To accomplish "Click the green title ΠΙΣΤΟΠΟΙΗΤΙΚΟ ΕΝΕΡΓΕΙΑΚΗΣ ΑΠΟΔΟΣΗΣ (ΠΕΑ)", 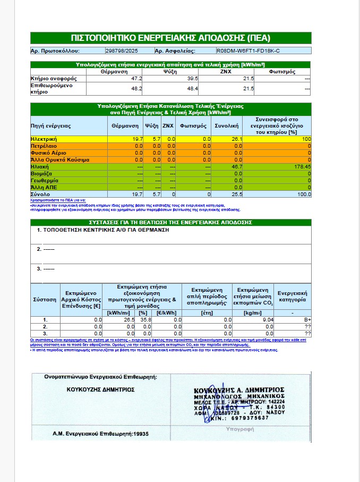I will click(170, 38).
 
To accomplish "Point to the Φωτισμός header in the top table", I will click(282, 71).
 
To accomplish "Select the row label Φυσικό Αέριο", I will click(48, 153).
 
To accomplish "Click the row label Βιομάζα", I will click(41, 173).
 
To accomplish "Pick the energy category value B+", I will click(306, 320).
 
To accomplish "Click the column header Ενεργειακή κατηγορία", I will click(292, 296).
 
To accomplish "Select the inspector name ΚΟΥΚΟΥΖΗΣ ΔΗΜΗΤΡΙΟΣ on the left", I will click(100, 388).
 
